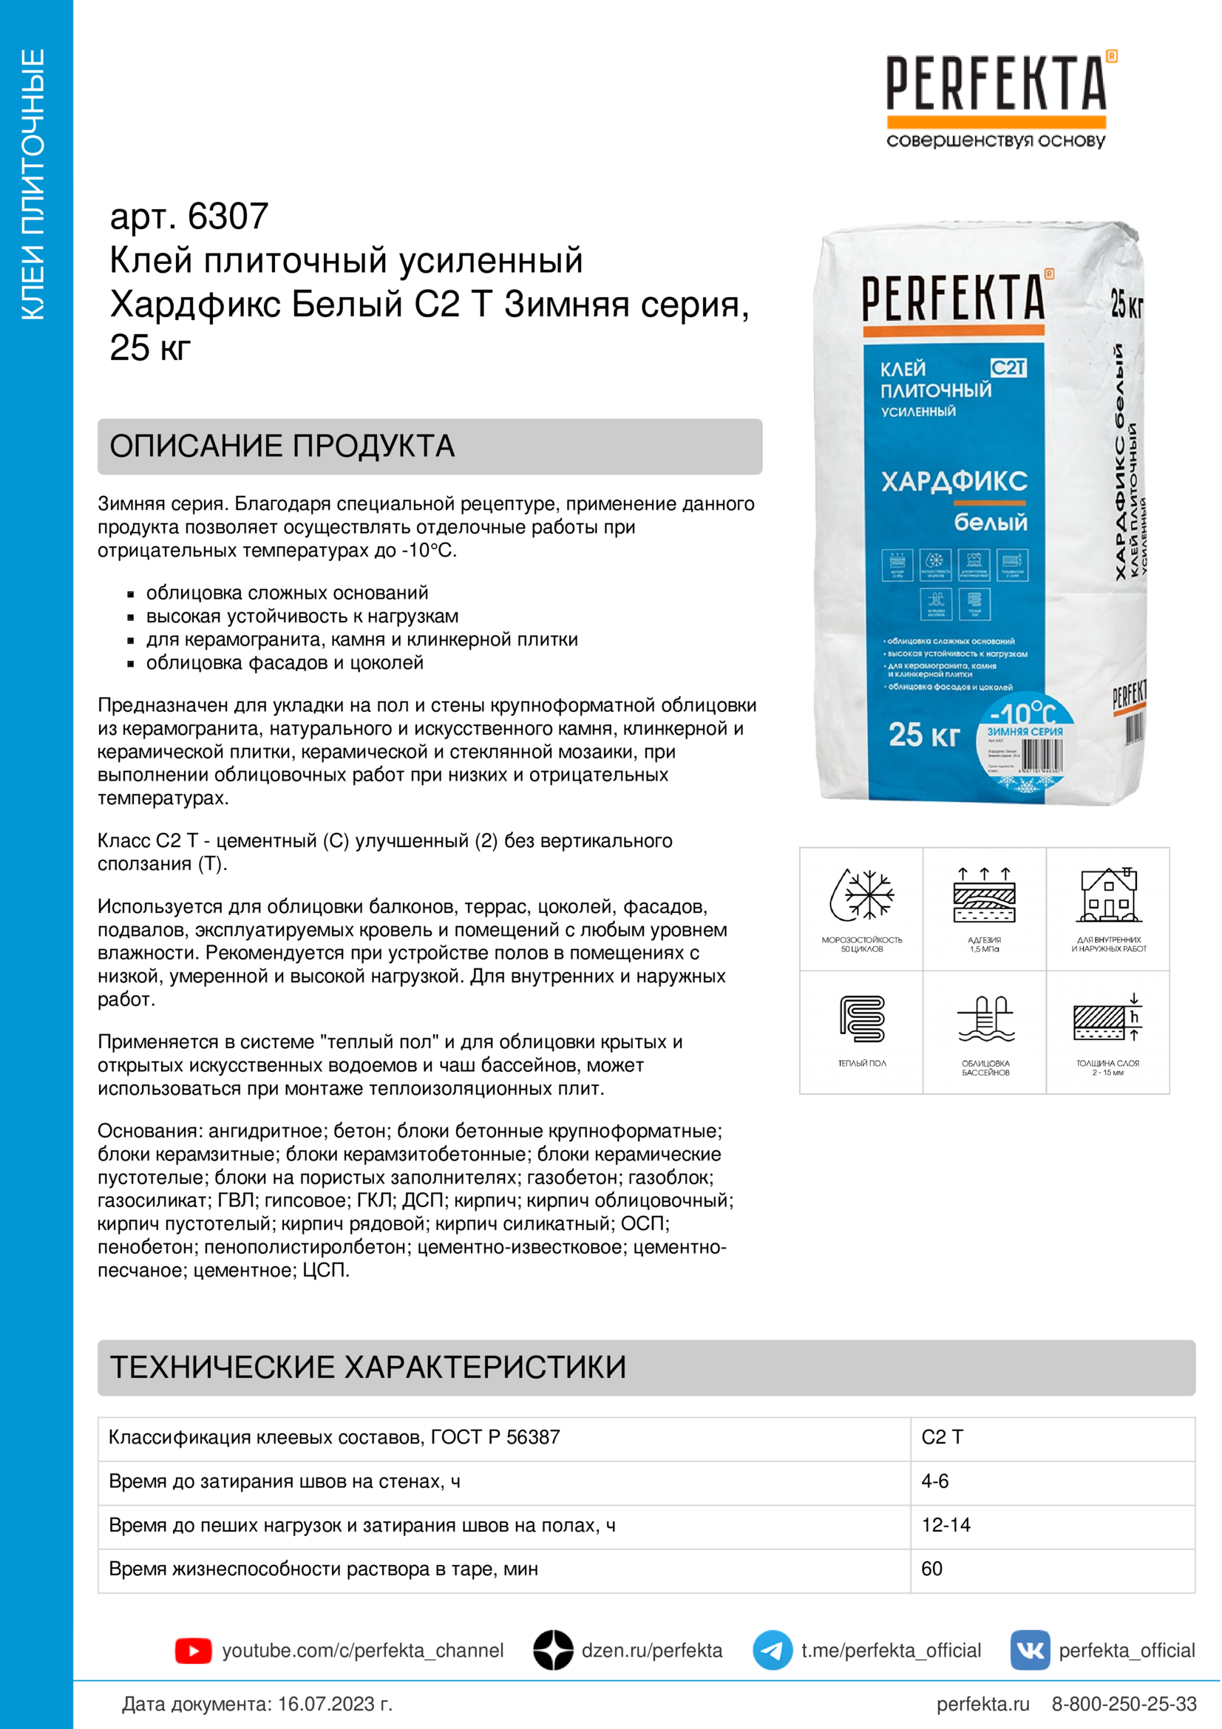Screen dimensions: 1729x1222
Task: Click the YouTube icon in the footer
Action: [194, 1651]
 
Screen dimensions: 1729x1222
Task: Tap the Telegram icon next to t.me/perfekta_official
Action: [772, 1650]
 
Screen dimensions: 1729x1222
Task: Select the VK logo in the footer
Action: [1029, 1650]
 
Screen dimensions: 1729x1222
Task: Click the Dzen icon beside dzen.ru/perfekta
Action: [554, 1650]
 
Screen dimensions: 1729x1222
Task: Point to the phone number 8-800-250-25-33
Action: [1124, 1704]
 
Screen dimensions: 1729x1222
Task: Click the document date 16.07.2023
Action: [334, 1704]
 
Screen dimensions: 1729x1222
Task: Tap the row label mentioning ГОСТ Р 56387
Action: [334, 1437]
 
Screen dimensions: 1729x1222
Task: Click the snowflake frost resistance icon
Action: [861, 895]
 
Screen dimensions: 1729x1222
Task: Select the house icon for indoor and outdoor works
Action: [1108, 895]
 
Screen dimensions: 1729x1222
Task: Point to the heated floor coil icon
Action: [862, 1018]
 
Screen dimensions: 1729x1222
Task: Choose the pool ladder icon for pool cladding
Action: [985, 1018]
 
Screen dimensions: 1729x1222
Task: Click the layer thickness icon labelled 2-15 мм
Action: [1108, 1018]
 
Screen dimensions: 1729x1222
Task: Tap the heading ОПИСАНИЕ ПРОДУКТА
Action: [282, 446]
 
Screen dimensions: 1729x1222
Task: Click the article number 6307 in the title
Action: [228, 217]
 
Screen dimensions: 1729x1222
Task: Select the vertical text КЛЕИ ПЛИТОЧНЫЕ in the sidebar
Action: [33, 185]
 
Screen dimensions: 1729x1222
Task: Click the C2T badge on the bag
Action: [1008, 367]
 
